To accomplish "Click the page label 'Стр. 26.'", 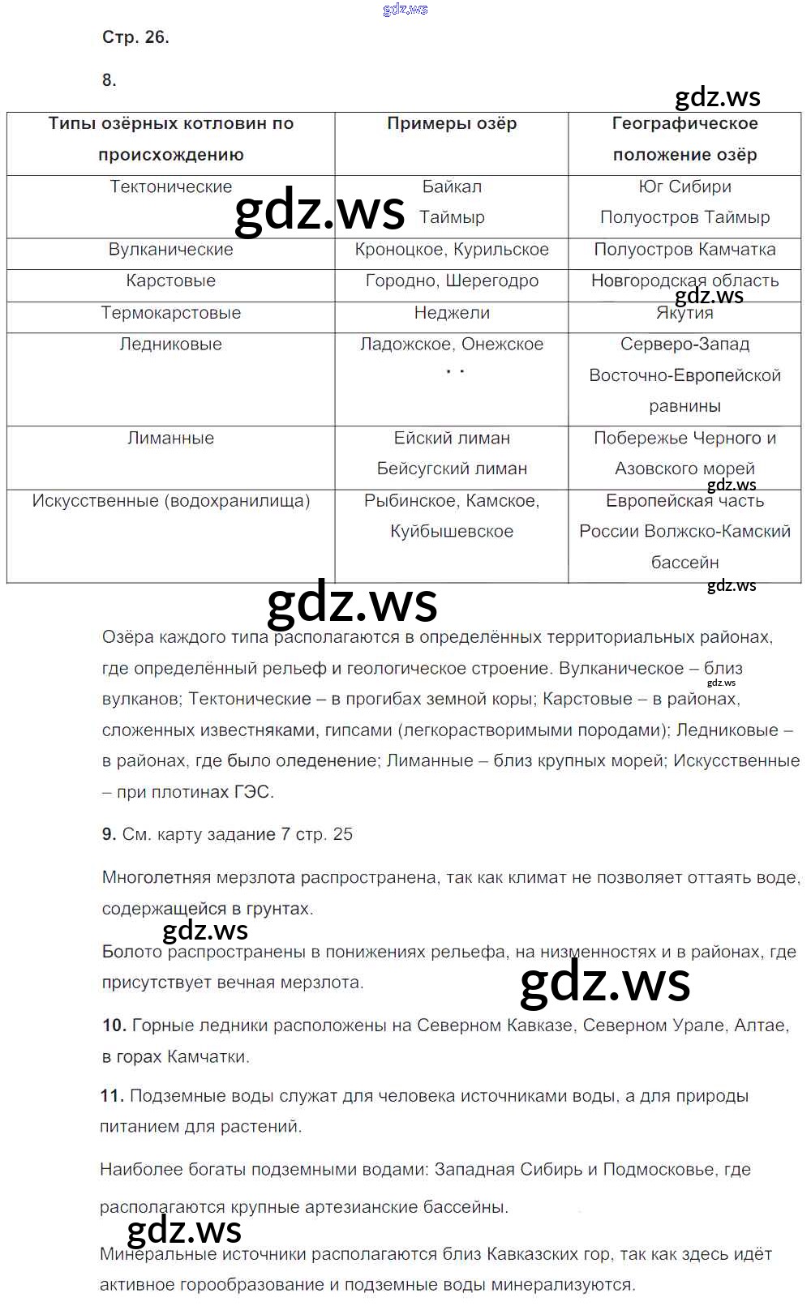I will coord(135,37).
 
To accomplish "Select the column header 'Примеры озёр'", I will coord(452,124).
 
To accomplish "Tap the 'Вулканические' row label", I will coord(170,250).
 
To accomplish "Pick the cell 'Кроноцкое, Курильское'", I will coord(452,250).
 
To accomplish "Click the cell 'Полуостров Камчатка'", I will coord(684,250).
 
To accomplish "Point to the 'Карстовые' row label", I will coord(170,281).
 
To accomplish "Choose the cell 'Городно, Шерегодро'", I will coord(452,281).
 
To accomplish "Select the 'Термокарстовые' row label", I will coord(170,313).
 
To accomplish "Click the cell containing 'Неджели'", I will coord(452,313).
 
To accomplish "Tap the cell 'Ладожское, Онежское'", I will coord(452,345).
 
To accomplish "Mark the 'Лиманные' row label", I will coord(170,439).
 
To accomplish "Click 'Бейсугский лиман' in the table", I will coord(452,469).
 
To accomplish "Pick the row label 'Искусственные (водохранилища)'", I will coord(170,501).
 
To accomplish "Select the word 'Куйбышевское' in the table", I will coord(452,532).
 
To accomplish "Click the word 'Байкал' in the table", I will coord(452,187).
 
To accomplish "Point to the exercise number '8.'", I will coord(109,80).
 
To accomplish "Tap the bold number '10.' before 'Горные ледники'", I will coord(114,1026).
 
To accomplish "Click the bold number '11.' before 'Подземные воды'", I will coord(112,1096).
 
